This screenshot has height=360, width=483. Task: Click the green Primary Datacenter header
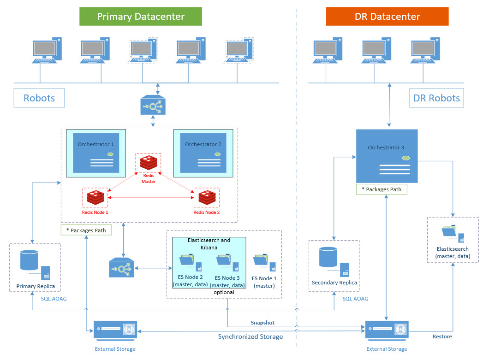[x=140, y=17]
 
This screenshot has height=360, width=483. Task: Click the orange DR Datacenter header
[x=387, y=17]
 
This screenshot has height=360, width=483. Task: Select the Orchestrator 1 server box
[x=96, y=153]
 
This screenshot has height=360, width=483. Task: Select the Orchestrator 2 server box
[x=203, y=153]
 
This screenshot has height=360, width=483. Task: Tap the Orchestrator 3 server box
[x=387, y=156]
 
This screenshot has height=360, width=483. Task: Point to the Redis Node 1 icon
[x=95, y=198]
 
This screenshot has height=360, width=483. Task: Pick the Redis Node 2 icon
[x=206, y=198]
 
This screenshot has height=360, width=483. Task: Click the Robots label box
[x=39, y=98]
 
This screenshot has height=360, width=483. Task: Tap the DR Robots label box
[x=436, y=98]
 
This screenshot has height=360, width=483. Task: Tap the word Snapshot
[x=262, y=323]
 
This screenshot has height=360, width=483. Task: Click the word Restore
[x=442, y=336]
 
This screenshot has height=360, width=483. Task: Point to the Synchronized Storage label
[x=250, y=336]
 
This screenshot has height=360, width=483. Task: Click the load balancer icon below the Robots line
[x=152, y=106]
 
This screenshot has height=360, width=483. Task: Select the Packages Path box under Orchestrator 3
[x=382, y=189]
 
